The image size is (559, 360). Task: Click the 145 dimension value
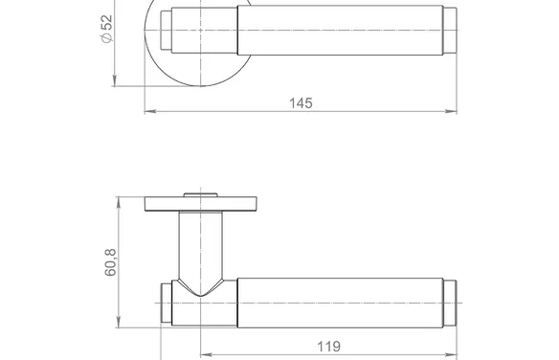point(301,103)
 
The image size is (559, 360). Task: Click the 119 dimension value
point(328,347)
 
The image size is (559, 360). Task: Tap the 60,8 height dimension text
point(110,262)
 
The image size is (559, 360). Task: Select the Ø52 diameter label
point(107,29)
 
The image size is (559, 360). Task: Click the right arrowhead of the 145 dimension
point(452,112)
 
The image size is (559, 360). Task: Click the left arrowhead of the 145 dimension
point(150,112)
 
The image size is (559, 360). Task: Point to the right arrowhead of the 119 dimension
point(452,354)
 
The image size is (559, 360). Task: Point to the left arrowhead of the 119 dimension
point(207,354)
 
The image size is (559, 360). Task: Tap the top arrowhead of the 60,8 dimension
point(119,202)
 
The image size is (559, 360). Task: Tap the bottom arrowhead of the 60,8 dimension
point(119,322)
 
